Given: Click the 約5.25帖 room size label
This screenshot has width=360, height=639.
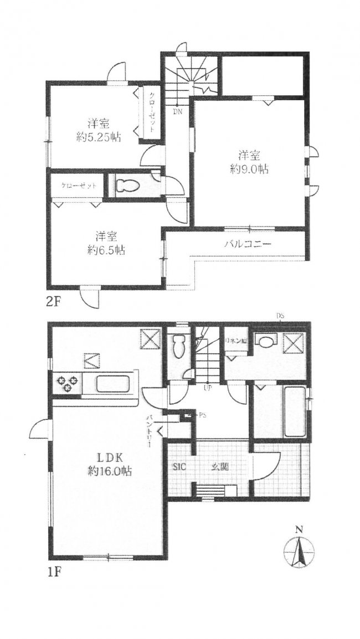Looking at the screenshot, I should pyautogui.click(x=99, y=137).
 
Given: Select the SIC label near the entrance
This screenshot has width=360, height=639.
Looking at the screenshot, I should pyautogui.click(x=179, y=467).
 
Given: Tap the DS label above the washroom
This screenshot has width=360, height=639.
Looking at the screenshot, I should pyautogui.click(x=280, y=316).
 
